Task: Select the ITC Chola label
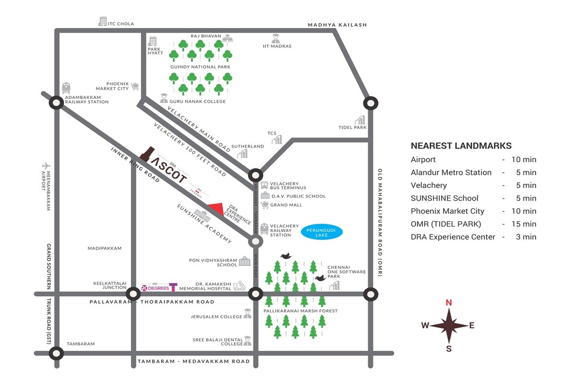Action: (120, 24)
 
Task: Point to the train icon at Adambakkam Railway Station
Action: (66, 88)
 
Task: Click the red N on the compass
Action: (449, 302)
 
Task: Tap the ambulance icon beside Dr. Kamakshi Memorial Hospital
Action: (239, 286)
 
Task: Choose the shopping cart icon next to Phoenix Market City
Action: (135, 86)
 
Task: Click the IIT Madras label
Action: (277, 46)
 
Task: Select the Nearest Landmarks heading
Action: (461, 146)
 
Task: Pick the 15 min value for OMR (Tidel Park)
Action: (526, 224)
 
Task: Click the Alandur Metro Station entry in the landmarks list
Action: (451, 172)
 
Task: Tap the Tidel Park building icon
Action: (360, 120)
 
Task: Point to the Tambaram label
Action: (81, 344)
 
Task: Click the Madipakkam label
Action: (105, 248)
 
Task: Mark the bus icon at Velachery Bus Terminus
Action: (264, 185)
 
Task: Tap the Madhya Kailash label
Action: (337, 25)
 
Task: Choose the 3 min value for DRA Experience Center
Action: (528, 237)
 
